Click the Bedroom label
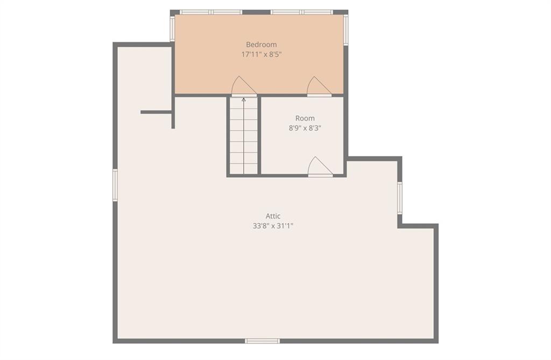click(x=261, y=45)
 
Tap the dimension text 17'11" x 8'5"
click(x=262, y=54)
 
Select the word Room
click(x=305, y=118)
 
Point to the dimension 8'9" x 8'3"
click(x=305, y=128)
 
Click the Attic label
click(x=273, y=216)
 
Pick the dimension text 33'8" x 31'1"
click(x=273, y=226)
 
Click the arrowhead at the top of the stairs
click(x=244, y=100)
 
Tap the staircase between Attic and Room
click(x=244, y=136)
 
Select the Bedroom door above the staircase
click(x=244, y=86)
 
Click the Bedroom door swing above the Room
click(x=319, y=86)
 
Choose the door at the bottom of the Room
click(x=320, y=166)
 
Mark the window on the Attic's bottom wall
click(x=262, y=341)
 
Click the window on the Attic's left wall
click(x=115, y=185)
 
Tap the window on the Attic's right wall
click(x=400, y=198)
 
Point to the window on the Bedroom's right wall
click(x=346, y=30)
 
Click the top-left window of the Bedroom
click(x=211, y=12)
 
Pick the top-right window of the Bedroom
click(x=301, y=12)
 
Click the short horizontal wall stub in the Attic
click(x=156, y=112)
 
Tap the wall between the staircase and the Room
click(x=259, y=136)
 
